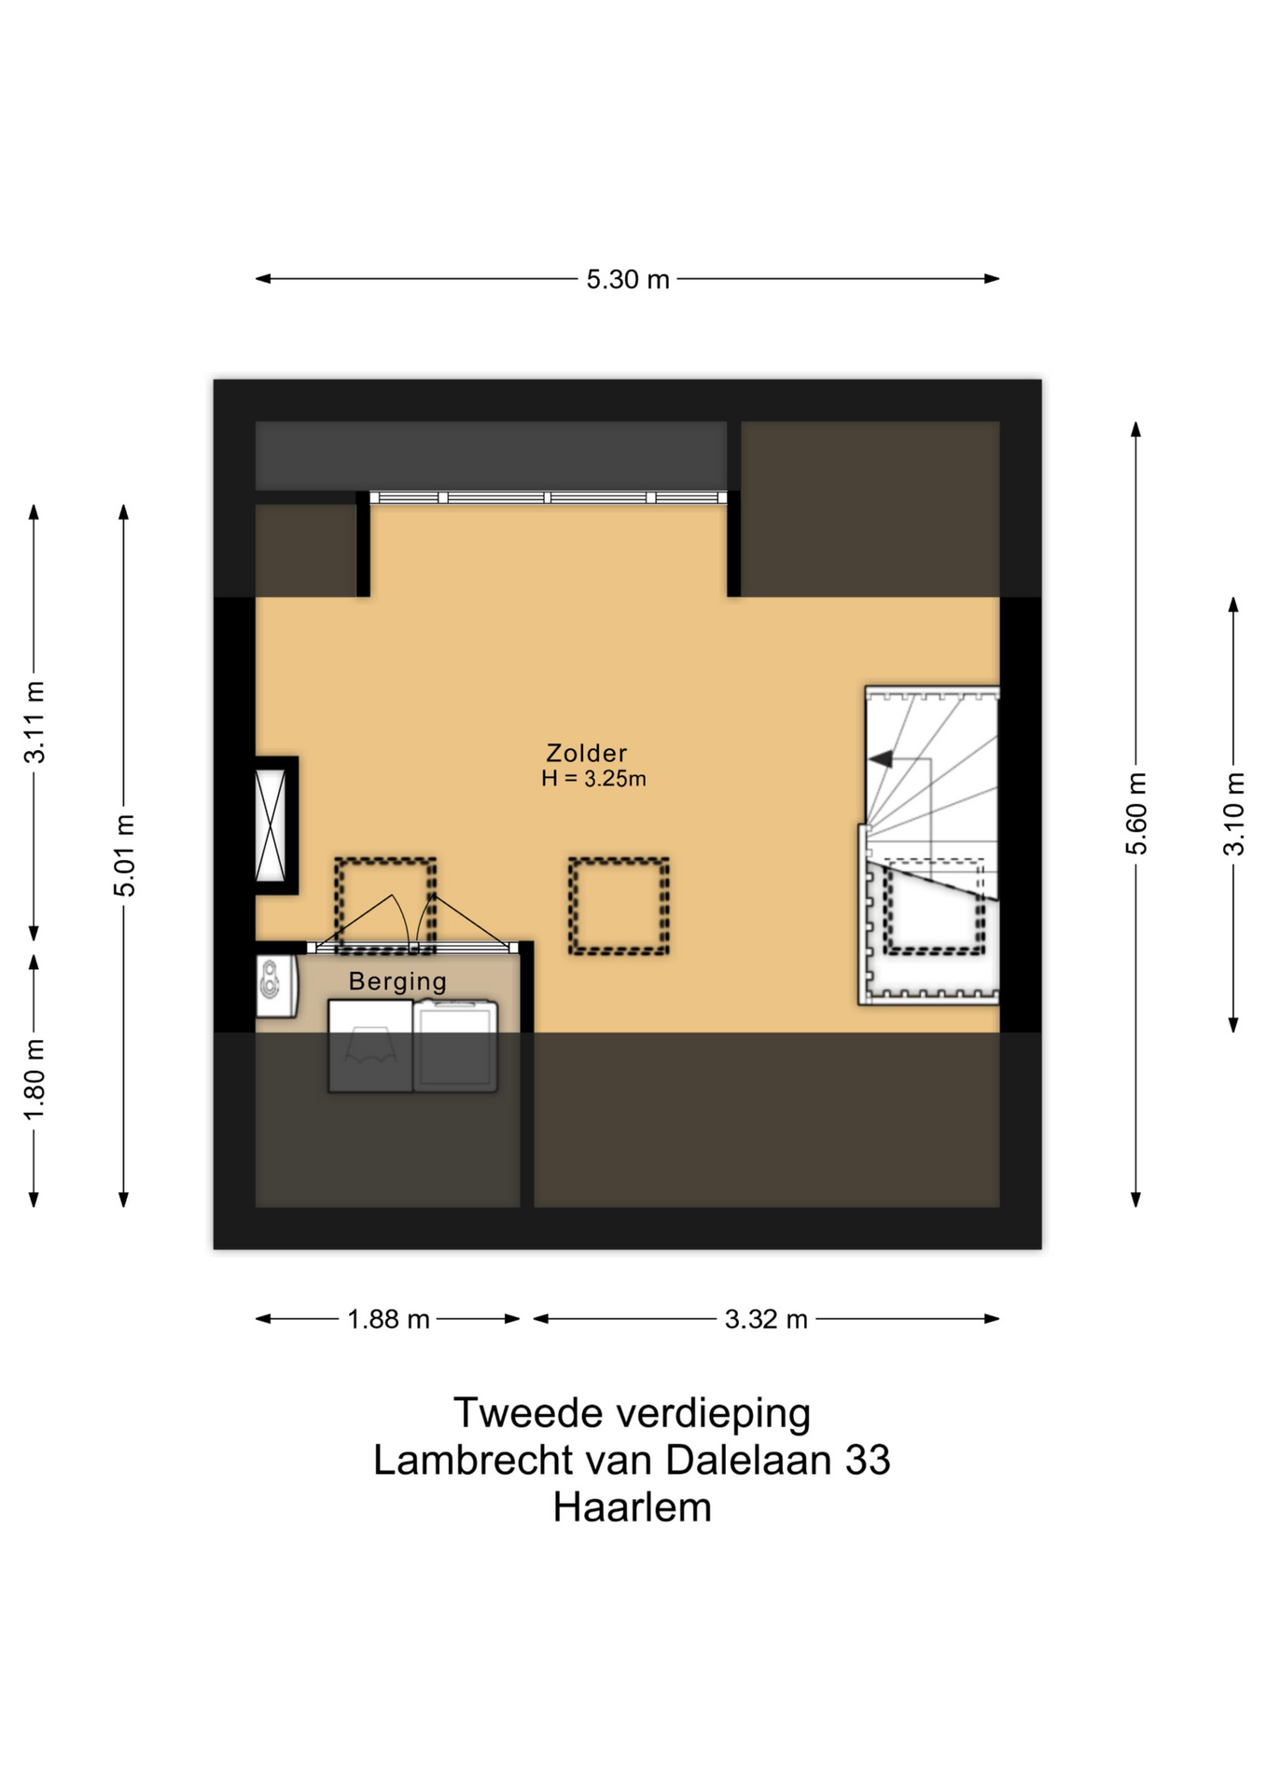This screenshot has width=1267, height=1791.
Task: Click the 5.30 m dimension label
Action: coord(628,280)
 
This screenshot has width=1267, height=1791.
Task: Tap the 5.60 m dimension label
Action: coord(1135,813)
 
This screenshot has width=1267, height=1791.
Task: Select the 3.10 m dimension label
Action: coord(1233,813)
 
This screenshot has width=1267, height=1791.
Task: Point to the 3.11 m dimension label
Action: coord(35,722)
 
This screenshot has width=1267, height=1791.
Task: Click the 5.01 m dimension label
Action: coord(124,854)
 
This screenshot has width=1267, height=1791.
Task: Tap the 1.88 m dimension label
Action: coord(388,1319)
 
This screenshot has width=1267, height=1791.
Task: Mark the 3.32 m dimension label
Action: coord(766,1319)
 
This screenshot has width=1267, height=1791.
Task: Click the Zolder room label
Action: coord(586,753)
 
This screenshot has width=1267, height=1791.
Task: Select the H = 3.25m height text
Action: coord(593,779)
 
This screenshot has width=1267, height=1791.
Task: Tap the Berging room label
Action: coord(397,981)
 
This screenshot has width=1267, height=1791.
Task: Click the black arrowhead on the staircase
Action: coord(880,759)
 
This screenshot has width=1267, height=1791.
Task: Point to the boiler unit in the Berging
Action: coord(277,985)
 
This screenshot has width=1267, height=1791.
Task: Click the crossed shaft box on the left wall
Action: coord(271,826)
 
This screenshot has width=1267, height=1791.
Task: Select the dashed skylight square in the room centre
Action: coord(619,906)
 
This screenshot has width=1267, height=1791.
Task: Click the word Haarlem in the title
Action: coord(633,1507)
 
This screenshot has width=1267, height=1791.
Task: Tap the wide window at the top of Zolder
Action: coord(549,498)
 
